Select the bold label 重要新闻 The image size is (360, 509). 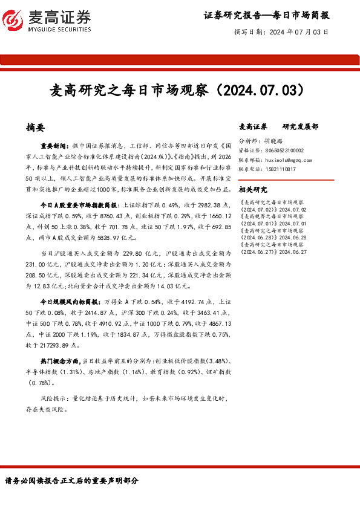coord(55,146)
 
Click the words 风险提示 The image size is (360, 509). coord(53,399)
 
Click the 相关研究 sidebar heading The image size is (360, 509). coord(253,189)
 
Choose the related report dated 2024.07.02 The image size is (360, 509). coord(282,205)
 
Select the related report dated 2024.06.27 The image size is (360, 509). coord(282,248)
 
